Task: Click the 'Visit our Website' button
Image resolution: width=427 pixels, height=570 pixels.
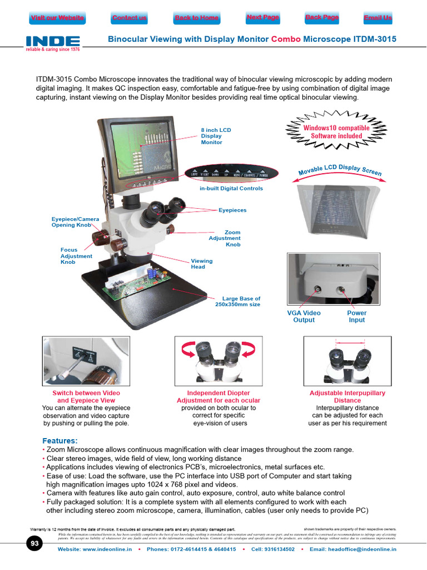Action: coord(57,18)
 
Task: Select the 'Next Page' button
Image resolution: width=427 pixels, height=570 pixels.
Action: coord(263,18)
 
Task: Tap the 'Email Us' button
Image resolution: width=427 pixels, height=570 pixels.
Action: coord(378,18)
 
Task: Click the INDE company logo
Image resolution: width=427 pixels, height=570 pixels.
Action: coord(53,43)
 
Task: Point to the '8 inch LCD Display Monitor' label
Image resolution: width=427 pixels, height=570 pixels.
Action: coord(216,136)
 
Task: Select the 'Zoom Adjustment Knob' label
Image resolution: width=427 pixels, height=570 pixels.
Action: coord(225,238)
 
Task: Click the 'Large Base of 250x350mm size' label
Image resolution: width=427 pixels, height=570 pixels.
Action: coord(237,302)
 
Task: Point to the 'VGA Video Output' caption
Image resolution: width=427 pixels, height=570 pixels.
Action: coord(304,316)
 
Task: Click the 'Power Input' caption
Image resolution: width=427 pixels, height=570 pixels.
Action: coord(356,316)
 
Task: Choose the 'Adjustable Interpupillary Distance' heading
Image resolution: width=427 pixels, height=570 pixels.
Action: coord(347,396)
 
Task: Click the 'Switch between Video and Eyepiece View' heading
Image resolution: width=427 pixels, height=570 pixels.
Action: coord(86,396)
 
